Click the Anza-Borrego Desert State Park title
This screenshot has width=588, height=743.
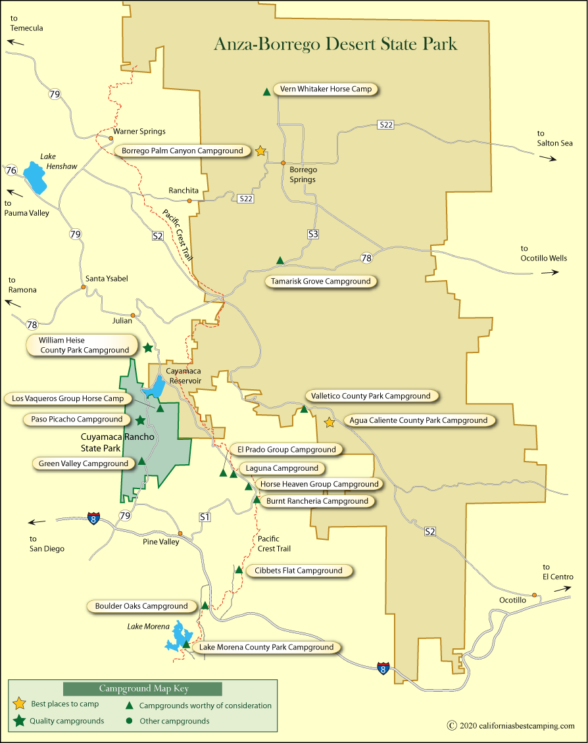coord(335,44)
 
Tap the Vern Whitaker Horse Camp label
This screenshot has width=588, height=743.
coord(326,89)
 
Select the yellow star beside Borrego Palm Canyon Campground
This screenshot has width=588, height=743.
coord(260,151)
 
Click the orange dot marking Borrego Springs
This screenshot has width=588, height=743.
coord(283,162)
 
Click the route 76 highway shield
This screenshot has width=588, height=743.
coord(11,170)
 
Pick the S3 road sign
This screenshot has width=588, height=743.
coord(313,234)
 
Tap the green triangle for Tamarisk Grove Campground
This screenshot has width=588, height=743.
coord(280,261)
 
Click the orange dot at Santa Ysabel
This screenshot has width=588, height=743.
coord(84,287)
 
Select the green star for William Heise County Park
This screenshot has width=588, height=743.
coord(148,347)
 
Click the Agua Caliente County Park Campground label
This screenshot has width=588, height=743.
coord(418,421)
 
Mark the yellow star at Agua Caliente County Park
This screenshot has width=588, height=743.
coord(330,423)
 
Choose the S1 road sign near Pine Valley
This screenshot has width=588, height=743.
coord(205,517)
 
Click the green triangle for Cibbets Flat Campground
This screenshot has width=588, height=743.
coord(239,570)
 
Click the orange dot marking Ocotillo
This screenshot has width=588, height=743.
coord(535,595)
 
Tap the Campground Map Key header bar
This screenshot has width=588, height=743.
coord(143,688)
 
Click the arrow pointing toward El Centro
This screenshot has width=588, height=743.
coord(562,590)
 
